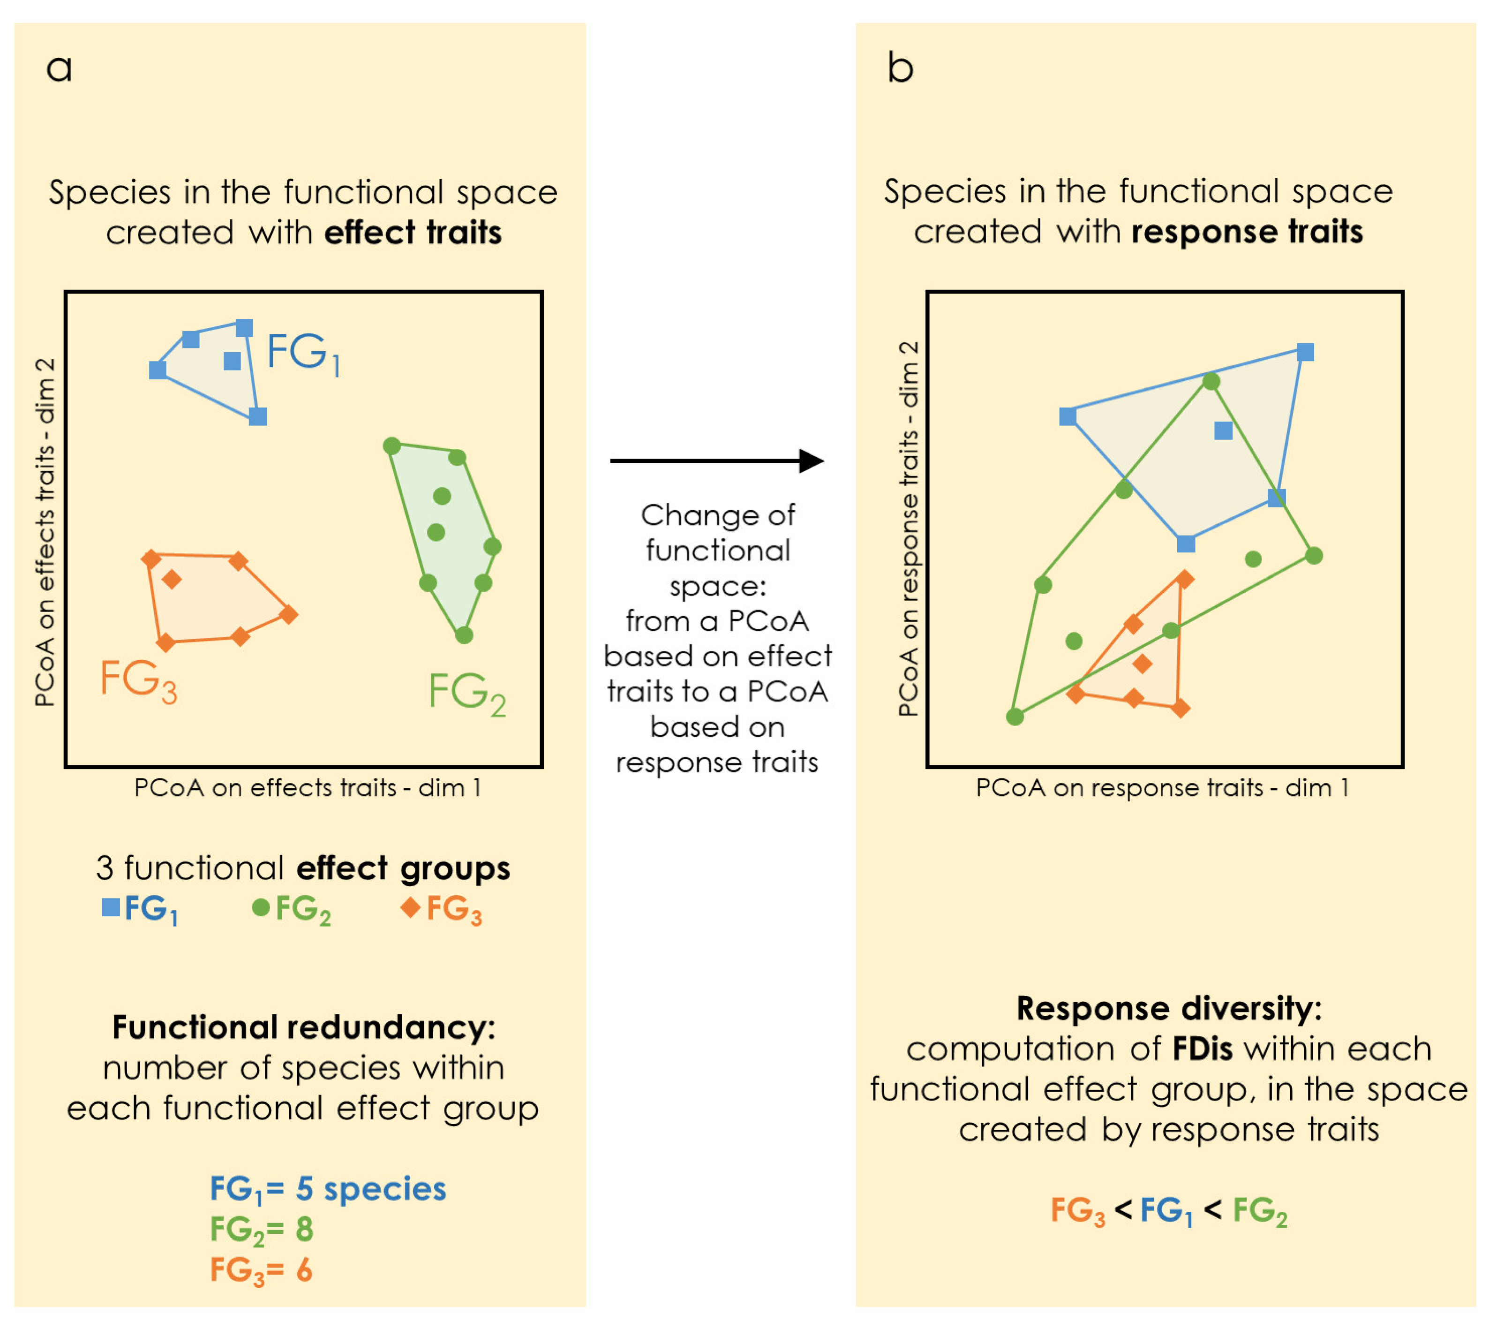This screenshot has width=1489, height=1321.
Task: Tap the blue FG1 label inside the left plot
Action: (x=303, y=354)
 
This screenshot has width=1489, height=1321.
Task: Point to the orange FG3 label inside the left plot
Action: (x=138, y=680)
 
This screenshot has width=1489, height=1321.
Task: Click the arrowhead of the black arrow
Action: (x=811, y=460)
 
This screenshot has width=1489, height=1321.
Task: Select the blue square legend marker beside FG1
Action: (x=111, y=907)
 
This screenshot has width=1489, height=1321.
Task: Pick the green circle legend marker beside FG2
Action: (x=261, y=907)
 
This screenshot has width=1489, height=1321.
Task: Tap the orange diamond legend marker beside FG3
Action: (x=411, y=907)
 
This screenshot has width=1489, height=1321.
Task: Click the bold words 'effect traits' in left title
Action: (x=413, y=233)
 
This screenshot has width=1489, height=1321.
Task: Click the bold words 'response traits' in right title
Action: (x=1247, y=232)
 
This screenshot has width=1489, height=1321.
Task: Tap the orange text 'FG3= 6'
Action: (x=261, y=1270)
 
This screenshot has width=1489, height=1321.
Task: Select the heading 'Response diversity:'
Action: (x=1168, y=1008)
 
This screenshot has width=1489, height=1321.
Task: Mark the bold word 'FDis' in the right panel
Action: (x=1203, y=1049)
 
